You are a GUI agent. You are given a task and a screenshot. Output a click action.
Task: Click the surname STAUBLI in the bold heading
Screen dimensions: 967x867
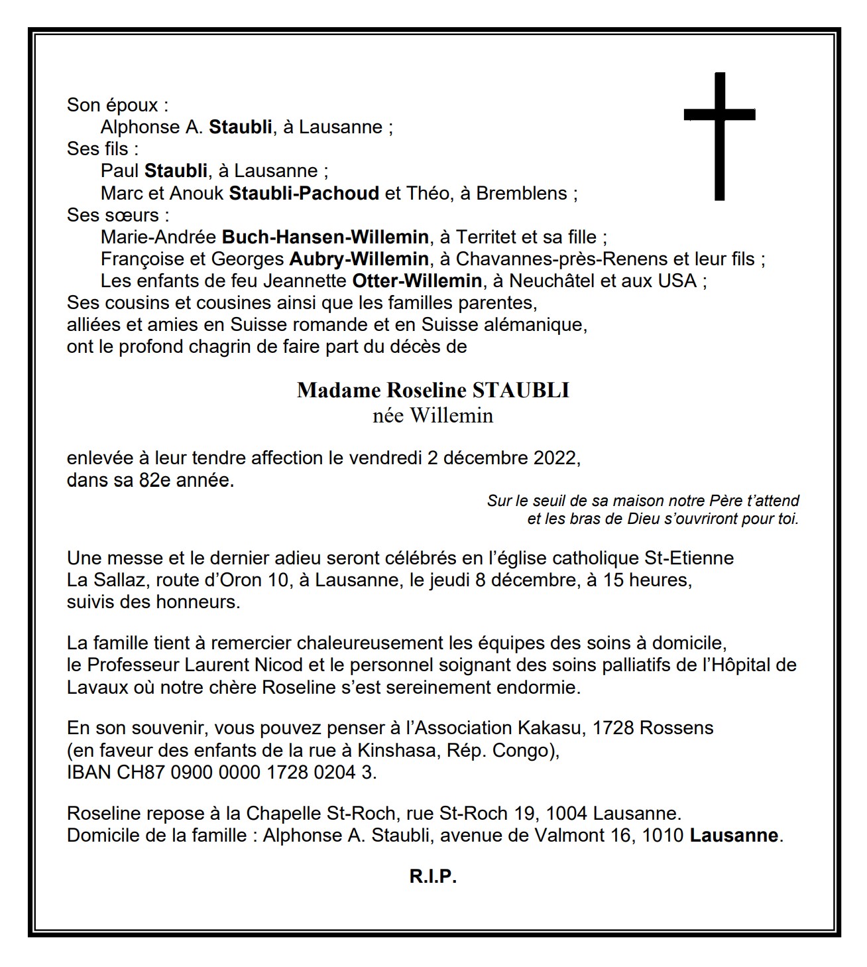click(520, 390)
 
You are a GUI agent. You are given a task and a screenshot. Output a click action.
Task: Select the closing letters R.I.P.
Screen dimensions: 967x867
click(433, 877)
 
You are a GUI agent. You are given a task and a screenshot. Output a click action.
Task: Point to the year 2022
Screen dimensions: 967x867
click(555, 458)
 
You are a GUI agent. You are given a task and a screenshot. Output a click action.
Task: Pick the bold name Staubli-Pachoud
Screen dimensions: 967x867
click(304, 193)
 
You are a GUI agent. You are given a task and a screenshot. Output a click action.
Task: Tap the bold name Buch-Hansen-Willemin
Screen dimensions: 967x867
click(325, 237)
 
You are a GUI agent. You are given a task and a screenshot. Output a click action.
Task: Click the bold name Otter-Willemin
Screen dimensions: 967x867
click(416, 281)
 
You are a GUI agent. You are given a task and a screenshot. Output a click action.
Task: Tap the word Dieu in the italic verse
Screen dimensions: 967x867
click(643, 519)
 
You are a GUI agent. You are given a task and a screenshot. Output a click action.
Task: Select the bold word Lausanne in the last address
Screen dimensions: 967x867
click(734, 835)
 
